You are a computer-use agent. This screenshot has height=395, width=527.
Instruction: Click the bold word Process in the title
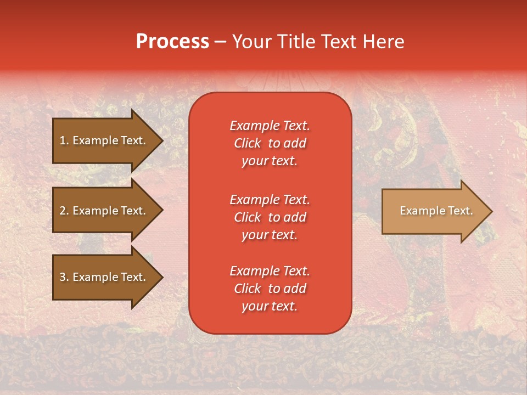(172, 42)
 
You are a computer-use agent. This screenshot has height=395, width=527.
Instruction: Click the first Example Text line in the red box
(270, 126)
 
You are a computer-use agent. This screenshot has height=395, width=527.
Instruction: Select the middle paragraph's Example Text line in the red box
(270, 200)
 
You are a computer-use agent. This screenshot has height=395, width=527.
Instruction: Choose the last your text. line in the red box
(270, 307)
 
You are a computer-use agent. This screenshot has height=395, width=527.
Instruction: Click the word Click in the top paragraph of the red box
(247, 143)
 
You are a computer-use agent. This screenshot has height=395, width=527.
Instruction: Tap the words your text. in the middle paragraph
(270, 235)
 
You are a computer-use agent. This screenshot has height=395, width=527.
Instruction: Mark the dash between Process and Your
(220, 42)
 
